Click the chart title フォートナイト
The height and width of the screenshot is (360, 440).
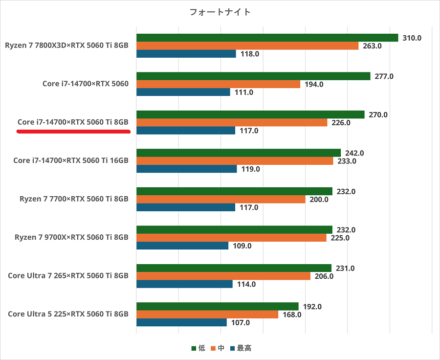pyautogui.click(x=220, y=12)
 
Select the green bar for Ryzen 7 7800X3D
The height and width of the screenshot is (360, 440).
pyautogui.click(x=267, y=38)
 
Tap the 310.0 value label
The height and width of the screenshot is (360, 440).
pyautogui.click(x=412, y=38)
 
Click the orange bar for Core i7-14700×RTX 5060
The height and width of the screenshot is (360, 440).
pyautogui.click(x=218, y=84)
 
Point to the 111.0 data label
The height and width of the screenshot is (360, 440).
pyautogui.click(x=243, y=92)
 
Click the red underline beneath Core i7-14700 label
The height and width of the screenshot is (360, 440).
pyautogui.click(x=73, y=131)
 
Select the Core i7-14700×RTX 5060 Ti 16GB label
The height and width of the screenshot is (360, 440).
pyautogui.click(x=71, y=160)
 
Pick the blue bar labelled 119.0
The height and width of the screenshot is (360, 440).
pyautogui.click(x=186, y=169)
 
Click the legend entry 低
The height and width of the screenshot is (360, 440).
pyautogui.click(x=198, y=348)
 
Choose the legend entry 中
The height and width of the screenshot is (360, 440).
pyautogui.click(x=218, y=348)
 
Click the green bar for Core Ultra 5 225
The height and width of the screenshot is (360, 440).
pyautogui.click(x=217, y=307)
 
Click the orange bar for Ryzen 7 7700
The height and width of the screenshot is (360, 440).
pyautogui.click(x=220, y=199)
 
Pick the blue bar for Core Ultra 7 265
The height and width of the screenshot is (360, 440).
pyautogui.click(x=184, y=284)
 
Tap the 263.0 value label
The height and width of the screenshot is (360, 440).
pyautogui.click(x=372, y=46)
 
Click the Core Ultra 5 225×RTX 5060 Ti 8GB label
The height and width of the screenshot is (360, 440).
pyautogui.click(x=68, y=314)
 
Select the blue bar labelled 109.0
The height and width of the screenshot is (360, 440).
pyautogui.click(x=182, y=246)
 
